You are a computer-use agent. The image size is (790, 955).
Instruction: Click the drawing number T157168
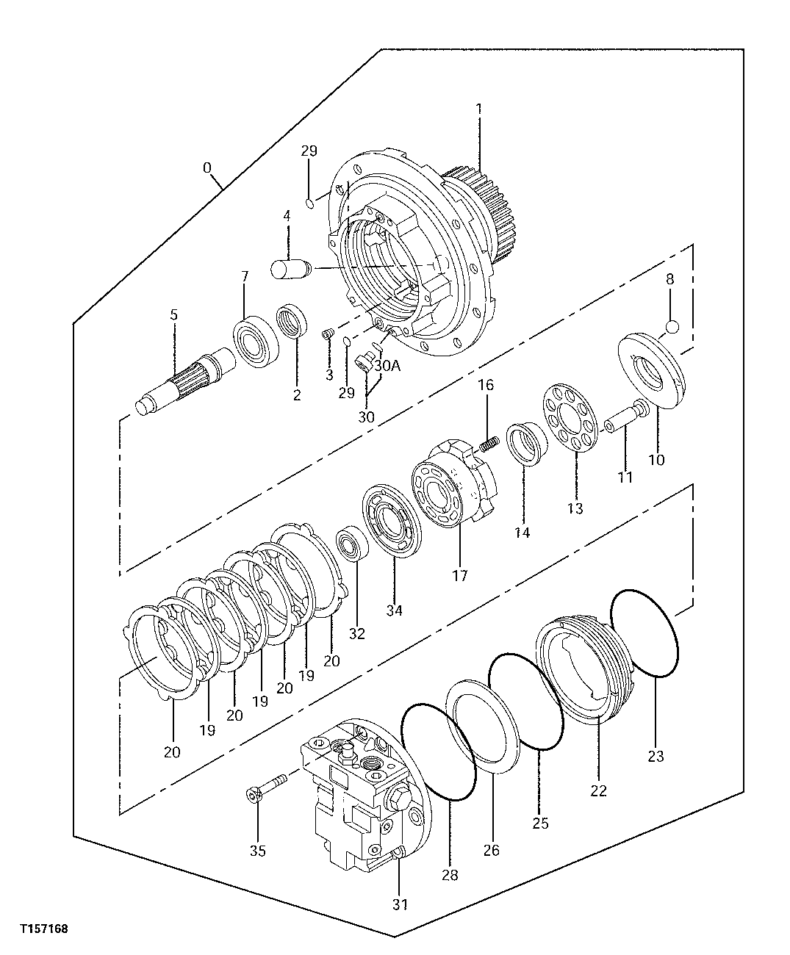[44, 929]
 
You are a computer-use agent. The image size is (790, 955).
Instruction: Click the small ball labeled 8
[672, 326]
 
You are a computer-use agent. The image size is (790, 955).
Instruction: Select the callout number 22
[598, 791]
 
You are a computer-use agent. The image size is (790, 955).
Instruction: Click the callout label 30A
[387, 365]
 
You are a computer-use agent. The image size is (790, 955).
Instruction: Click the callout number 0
[207, 168]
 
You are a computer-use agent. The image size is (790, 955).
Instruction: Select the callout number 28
[450, 874]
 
